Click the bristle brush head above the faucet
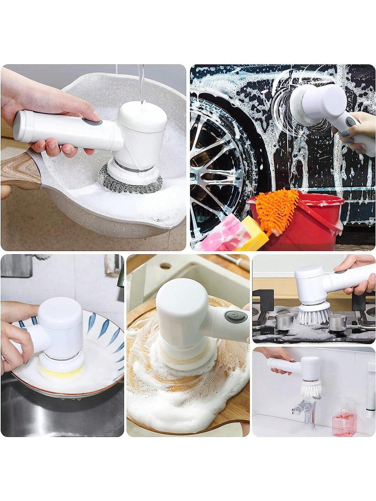coord(311,387)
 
